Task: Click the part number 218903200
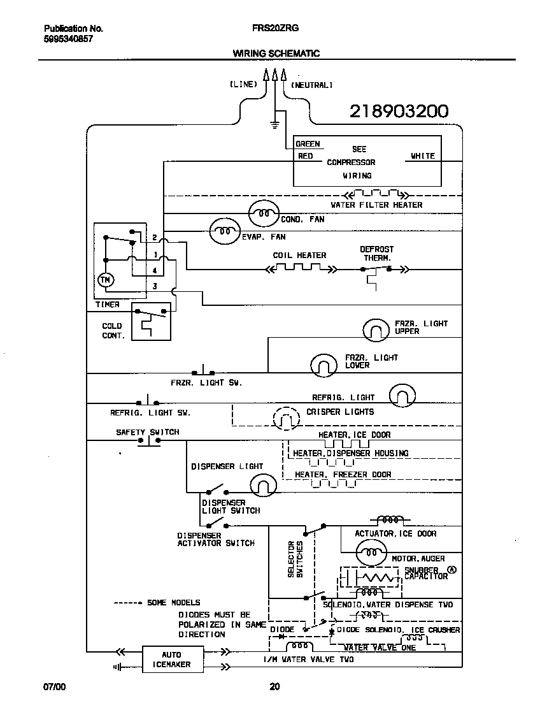click(399, 112)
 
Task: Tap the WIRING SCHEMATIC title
click(276, 54)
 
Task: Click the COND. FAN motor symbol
click(263, 214)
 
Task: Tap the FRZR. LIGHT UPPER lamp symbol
click(375, 329)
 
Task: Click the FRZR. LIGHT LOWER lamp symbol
click(323, 365)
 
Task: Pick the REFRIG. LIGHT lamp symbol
click(402, 396)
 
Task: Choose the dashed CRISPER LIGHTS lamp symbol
click(285, 418)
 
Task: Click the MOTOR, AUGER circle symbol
click(369, 552)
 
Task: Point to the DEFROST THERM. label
click(377, 254)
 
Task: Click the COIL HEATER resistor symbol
click(299, 268)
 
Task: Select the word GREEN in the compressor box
click(308, 144)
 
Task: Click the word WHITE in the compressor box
click(422, 156)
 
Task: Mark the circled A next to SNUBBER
click(452, 570)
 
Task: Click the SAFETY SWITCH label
click(147, 432)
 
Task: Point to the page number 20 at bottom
click(274, 686)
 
